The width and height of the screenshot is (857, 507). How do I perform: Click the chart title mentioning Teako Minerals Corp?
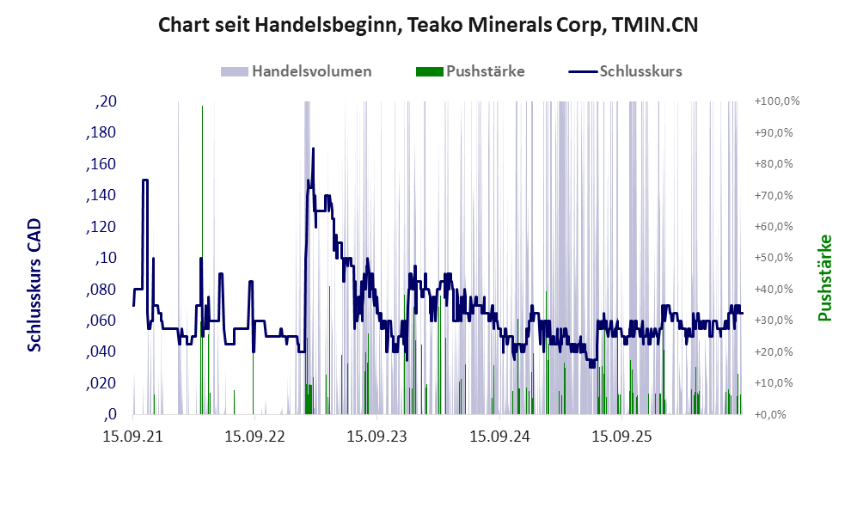pos(428,25)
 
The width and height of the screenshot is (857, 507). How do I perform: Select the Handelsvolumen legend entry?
pos(297,71)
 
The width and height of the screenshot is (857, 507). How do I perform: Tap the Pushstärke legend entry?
pos(470,71)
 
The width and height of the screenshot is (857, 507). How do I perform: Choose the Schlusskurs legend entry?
pos(625,71)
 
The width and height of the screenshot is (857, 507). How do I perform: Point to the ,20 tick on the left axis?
pos(106,101)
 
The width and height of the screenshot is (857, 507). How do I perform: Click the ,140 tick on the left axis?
pos(101,196)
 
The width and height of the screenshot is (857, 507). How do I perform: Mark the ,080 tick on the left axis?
pos(101,290)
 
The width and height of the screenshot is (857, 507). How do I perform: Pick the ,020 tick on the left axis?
pos(101,383)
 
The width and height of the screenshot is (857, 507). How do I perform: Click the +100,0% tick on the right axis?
pos(777,101)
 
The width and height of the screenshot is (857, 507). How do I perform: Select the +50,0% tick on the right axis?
pos(774,257)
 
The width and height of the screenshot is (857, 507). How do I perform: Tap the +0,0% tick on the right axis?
pos(771,415)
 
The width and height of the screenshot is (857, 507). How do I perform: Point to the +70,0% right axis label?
pos(774,195)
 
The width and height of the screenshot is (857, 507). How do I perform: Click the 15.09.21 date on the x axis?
pos(133,437)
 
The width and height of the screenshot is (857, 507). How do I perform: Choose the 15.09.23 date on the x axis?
pos(377,437)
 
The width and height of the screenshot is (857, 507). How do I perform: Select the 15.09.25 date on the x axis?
pos(622,437)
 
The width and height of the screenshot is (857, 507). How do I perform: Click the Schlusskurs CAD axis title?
pos(34,285)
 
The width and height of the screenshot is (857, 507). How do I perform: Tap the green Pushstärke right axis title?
pos(824,278)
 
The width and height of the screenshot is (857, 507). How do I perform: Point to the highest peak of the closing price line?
pos(313,148)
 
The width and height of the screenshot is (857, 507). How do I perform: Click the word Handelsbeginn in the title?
pos(327,26)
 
